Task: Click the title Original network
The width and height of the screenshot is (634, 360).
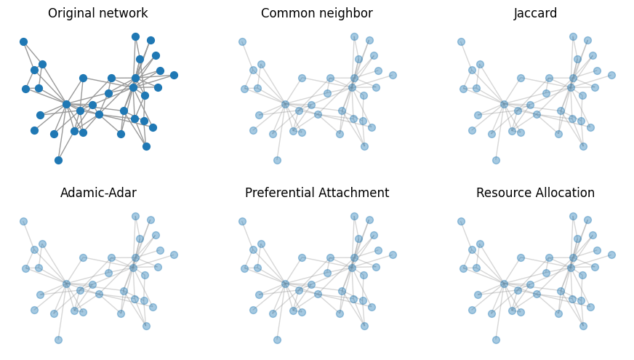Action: click(x=97, y=14)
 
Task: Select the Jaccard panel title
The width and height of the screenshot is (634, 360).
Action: click(x=535, y=14)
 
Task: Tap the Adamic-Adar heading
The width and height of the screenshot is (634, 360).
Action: click(x=98, y=193)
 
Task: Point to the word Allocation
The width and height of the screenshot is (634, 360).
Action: click(x=564, y=193)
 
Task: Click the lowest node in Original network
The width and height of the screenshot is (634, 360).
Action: click(x=58, y=160)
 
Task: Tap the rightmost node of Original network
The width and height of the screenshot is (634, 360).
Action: click(x=174, y=75)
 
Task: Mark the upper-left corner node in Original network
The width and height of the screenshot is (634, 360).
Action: click(x=23, y=41)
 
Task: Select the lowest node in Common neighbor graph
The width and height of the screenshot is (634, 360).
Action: click(x=277, y=160)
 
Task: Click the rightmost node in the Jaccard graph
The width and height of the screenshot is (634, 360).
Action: click(x=611, y=75)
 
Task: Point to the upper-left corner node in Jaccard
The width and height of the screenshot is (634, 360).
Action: click(x=461, y=41)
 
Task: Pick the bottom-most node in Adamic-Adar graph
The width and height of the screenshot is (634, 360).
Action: click(x=58, y=340)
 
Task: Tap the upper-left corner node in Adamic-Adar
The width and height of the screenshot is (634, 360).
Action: click(x=23, y=221)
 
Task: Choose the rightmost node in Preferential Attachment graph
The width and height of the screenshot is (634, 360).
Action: click(x=393, y=255)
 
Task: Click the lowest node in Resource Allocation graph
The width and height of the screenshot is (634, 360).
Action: click(x=496, y=340)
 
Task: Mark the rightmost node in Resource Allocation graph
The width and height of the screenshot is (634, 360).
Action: click(x=611, y=255)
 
